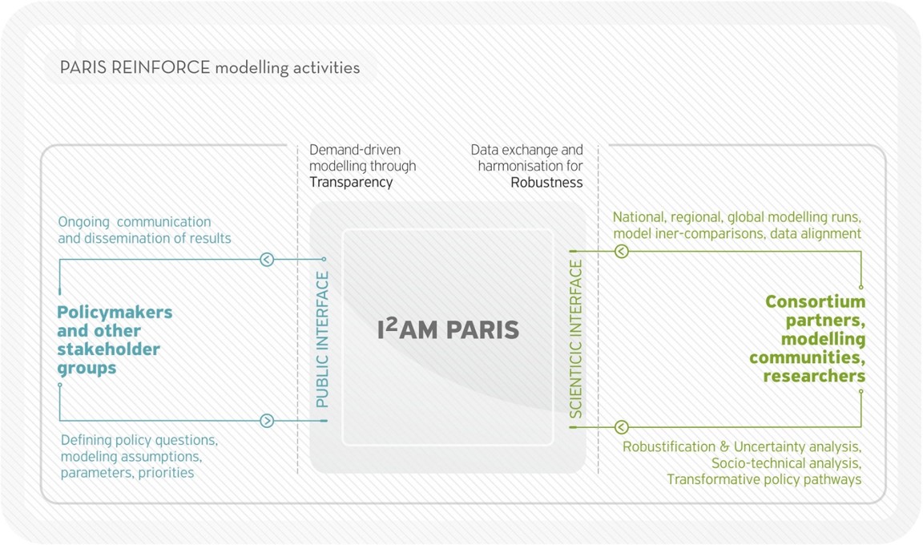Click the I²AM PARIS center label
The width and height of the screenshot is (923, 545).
[x=448, y=329]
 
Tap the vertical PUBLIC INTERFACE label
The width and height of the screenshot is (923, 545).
[x=322, y=340]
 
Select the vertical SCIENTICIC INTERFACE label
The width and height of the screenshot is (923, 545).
[x=576, y=340]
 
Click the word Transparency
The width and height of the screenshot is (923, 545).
[x=351, y=182]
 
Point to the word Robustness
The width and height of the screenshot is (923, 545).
[x=546, y=182]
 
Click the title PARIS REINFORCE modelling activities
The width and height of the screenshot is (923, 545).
[x=210, y=67]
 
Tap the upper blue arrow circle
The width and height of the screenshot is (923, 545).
[x=267, y=259]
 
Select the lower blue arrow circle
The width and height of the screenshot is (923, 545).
[x=267, y=421]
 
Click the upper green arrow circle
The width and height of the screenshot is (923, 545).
[x=621, y=252]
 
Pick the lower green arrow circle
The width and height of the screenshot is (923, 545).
[x=621, y=428]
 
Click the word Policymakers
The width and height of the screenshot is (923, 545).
[x=115, y=312]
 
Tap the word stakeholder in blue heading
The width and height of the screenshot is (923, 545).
[x=108, y=349]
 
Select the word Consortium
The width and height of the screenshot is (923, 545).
[x=815, y=302]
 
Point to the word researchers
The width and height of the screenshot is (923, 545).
[x=814, y=376]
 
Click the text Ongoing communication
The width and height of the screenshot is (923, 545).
[x=135, y=221]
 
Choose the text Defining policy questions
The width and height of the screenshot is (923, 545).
[x=139, y=440]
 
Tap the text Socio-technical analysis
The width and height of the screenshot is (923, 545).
[x=786, y=463]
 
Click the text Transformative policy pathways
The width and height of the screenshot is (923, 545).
[x=764, y=479]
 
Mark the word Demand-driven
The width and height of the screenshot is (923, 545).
[x=355, y=150]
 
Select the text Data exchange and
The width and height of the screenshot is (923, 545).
[x=526, y=150]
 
